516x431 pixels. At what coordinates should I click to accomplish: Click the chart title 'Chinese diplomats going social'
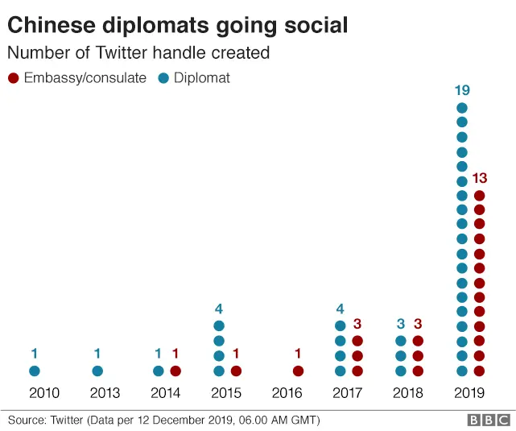tap(178, 25)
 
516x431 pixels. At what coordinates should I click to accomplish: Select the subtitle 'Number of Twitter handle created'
tap(138, 53)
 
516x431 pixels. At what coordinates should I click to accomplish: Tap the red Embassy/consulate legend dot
tap(12, 78)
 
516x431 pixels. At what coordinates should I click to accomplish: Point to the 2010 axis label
tap(43, 393)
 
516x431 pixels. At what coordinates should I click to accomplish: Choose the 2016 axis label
tap(287, 393)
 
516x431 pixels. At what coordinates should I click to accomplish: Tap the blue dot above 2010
tap(35, 371)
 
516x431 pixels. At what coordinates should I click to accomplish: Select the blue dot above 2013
tap(97, 371)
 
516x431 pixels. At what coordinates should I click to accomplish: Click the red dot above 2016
tap(298, 371)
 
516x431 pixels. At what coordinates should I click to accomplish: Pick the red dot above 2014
tap(175, 371)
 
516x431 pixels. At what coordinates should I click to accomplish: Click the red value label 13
tap(481, 178)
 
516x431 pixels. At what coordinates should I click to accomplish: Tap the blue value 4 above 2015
tap(218, 308)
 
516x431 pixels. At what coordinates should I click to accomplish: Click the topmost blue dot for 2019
tap(462, 108)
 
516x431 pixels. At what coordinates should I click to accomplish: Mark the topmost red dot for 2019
tap(480, 196)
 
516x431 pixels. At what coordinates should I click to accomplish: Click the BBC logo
tap(489, 420)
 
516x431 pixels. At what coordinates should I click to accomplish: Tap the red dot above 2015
tap(236, 371)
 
